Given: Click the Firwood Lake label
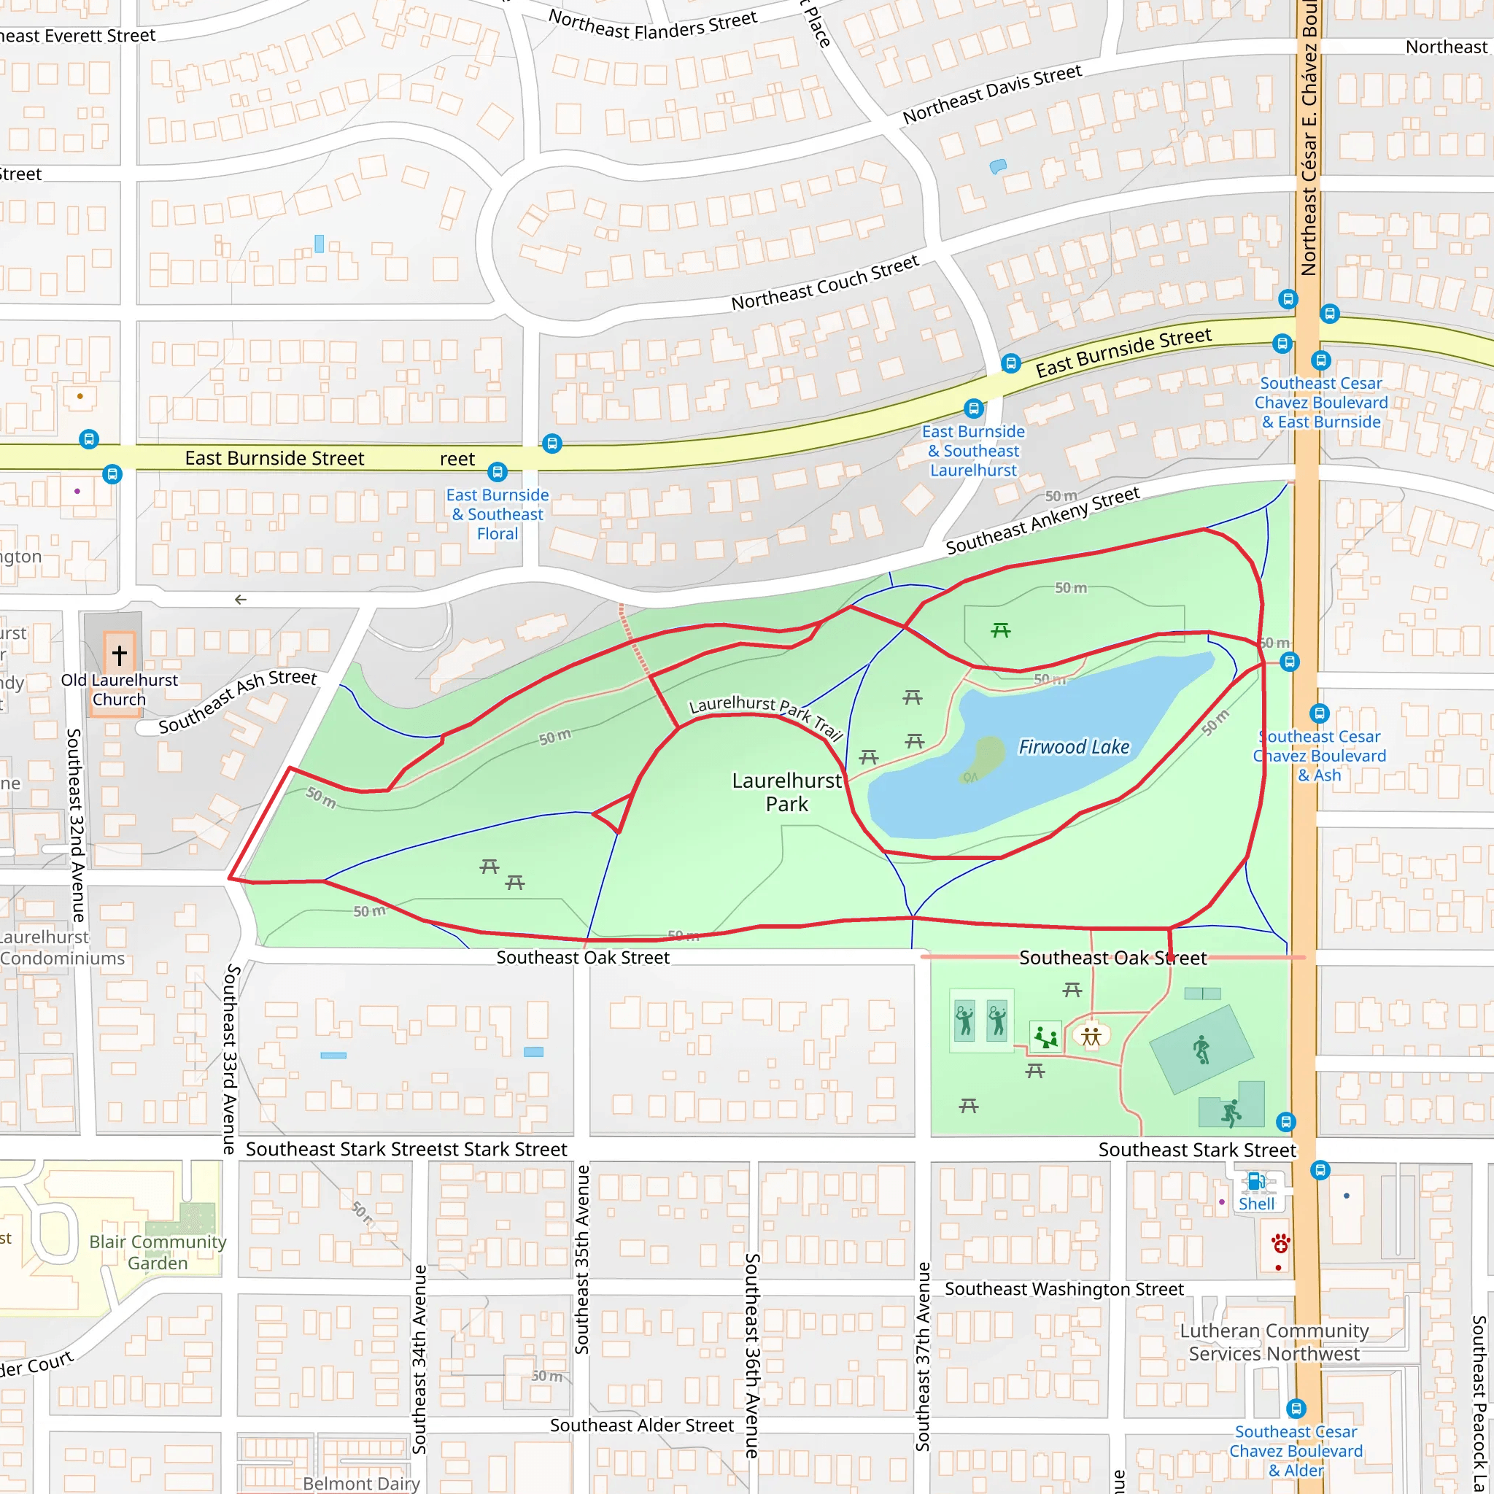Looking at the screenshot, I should (x=1073, y=747).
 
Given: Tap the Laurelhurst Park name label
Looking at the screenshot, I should (x=786, y=791).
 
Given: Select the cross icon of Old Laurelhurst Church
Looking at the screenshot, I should (x=119, y=655).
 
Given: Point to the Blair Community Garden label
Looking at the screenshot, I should (x=158, y=1252).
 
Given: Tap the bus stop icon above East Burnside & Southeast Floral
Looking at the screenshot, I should (x=498, y=471).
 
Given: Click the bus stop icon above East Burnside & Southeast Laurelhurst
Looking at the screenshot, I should (x=974, y=408).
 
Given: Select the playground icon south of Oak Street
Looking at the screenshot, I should (x=1045, y=1036).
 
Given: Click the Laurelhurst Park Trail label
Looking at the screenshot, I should (x=765, y=717).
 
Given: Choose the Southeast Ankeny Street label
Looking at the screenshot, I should (x=1042, y=520).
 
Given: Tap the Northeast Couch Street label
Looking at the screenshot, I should (x=824, y=282).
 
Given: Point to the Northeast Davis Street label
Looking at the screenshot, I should (x=991, y=94).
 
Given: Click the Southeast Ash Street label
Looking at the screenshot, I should (x=237, y=700).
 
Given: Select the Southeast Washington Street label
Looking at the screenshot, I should (x=1064, y=1289).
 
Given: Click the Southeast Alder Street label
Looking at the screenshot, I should (x=641, y=1425).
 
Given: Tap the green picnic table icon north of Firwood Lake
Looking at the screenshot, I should (x=1001, y=630).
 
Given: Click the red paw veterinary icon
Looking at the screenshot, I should (x=1280, y=1244).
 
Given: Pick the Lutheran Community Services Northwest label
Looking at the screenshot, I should (x=1274, y=1342).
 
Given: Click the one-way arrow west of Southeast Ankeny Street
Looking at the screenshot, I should (x=241, y=600).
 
